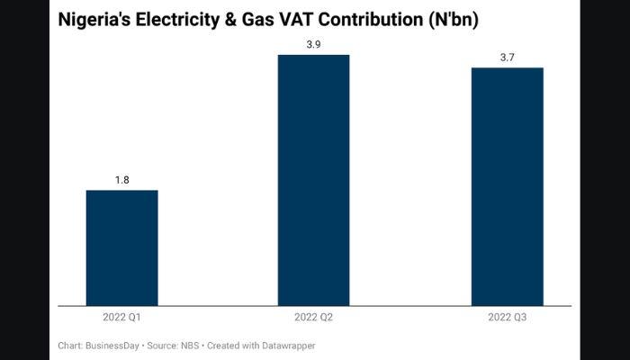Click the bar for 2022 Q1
coord(122,248)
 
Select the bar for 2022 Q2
coord(313,180)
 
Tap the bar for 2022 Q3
coord(508,186)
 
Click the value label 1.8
coord(122,180)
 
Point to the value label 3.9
coord(313,44)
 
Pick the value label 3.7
coord(508,58)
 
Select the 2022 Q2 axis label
coord(313,318)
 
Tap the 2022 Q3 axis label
coord(508,318)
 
